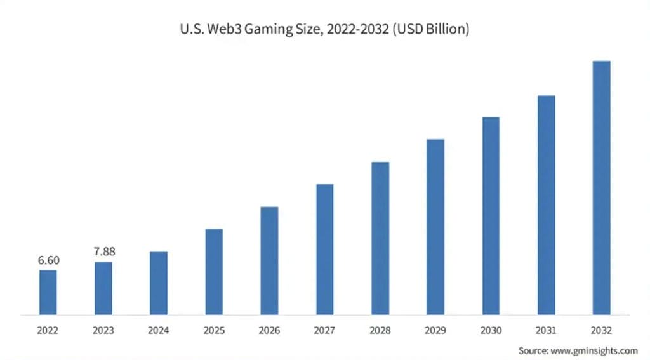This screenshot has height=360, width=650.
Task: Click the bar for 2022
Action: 48,292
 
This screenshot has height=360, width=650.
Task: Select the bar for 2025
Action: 214,271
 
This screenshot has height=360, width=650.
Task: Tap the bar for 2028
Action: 380,238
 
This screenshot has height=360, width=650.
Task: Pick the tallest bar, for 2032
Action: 601,187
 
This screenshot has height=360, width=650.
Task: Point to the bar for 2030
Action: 491,215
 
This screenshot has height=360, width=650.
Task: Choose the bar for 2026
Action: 269,260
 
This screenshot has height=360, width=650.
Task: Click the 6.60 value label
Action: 48,260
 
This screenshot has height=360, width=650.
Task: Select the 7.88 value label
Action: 104,251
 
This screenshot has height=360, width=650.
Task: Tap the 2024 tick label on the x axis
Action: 159,331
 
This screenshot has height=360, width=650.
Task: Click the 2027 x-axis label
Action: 324,331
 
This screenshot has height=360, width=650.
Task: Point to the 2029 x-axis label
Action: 435,331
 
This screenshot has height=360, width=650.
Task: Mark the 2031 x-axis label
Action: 546,331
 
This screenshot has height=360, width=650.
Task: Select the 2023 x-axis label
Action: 103,331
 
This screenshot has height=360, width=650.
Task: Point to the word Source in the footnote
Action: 532,350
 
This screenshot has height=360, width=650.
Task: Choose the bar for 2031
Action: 546,204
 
